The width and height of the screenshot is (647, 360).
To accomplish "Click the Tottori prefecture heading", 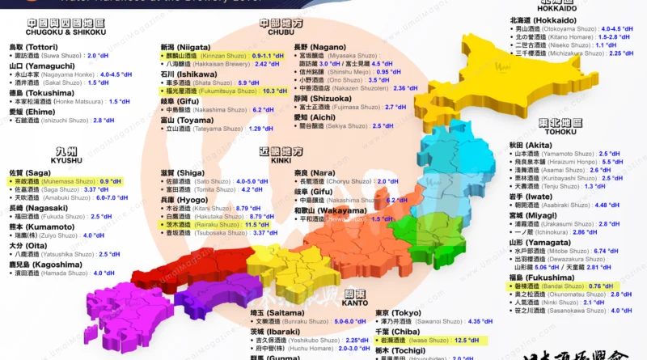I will click(33, 47).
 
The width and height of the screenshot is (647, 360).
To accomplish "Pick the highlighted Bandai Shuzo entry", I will click(559, 286).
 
